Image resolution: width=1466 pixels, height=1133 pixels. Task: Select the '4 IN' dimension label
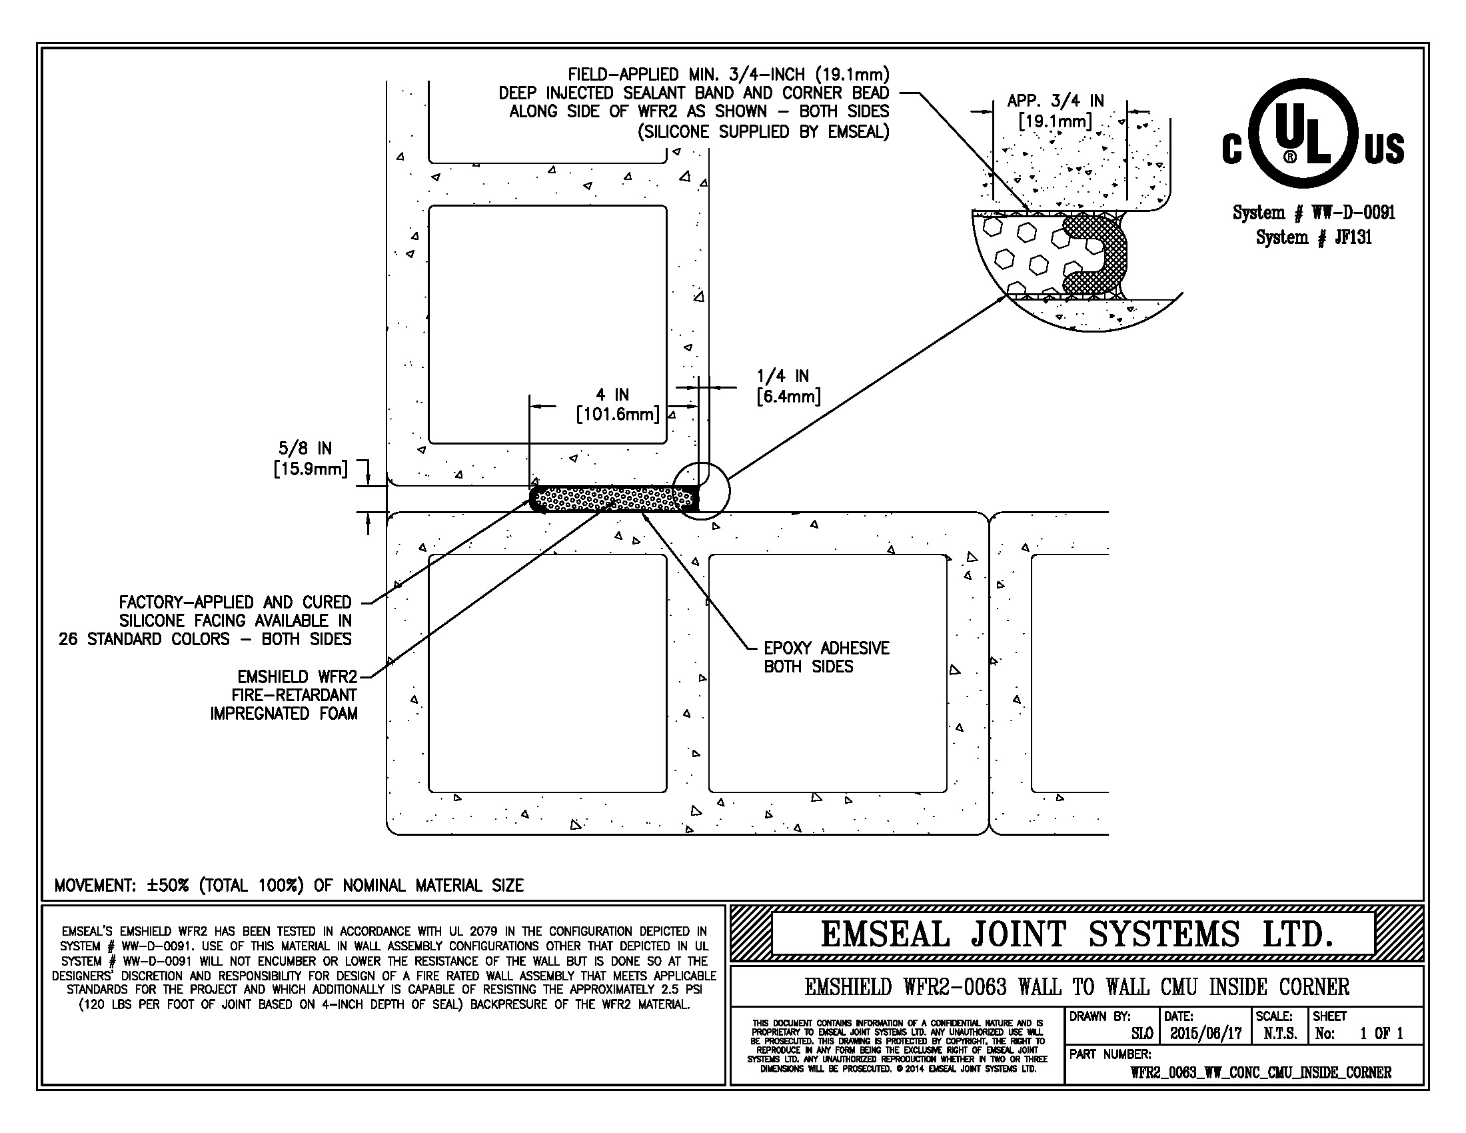613,395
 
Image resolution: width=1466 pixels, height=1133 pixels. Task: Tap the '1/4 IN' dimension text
783,377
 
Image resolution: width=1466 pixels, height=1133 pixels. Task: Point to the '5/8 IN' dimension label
305,449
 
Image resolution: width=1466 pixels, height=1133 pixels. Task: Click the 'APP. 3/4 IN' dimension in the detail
1056,101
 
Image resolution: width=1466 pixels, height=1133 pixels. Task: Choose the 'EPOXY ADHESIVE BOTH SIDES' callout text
826,657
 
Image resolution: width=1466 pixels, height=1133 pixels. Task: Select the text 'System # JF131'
1313,237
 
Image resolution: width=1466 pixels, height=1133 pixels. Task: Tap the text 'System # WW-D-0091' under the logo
1313,213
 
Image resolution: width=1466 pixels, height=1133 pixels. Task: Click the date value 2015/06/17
1205,1033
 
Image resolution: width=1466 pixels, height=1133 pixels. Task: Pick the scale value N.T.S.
1280,1033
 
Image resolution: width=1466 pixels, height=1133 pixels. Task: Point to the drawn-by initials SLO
1141,1033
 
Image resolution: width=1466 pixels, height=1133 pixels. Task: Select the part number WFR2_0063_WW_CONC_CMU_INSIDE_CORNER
1261,1072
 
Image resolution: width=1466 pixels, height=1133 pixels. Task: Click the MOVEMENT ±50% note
289,885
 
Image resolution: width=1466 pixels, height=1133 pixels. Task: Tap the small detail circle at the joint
702,491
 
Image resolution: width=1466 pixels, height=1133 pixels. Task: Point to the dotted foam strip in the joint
614,499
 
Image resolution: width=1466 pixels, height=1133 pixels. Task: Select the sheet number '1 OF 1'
1381,1033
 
